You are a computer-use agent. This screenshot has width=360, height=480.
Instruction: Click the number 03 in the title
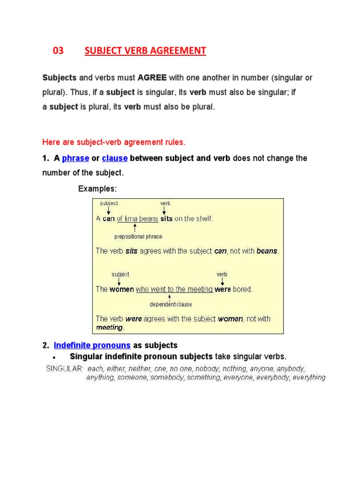pos(58,51)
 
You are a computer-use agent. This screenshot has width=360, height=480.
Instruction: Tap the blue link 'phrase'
pos(75,158)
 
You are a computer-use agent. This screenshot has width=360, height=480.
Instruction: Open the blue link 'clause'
pos(114,158)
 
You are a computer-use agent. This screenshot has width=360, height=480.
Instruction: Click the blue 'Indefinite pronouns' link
pos(92,345)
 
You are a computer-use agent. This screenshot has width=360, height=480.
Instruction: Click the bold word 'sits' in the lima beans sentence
pos(166,219)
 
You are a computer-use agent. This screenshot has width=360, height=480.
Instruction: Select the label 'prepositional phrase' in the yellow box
pos(138,237)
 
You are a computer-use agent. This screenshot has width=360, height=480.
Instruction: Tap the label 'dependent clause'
pos(171,304)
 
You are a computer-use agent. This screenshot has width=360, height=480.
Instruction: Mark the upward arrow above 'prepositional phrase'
pos(135,228)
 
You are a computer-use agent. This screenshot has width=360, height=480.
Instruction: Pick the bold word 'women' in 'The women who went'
pos(122,289)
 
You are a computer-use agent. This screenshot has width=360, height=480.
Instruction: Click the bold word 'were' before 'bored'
pos(223,289)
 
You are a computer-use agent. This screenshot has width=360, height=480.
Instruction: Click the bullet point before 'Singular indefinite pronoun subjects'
pos(55,357)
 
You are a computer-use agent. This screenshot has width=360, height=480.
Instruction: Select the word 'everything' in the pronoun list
pos(309,377)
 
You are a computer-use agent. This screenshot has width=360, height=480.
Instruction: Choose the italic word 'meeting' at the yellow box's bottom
pos(109,328)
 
